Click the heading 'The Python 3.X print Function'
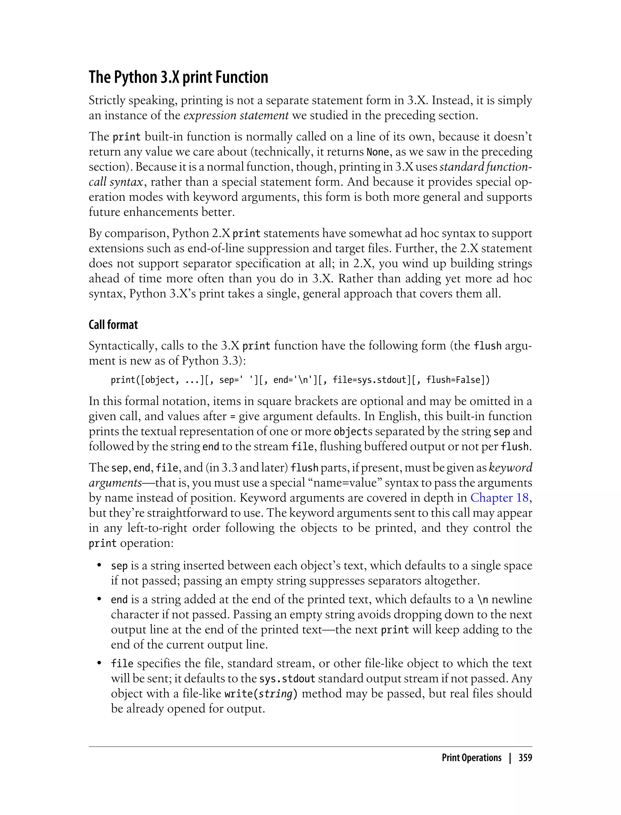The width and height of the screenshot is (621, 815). click(x=178, y=77)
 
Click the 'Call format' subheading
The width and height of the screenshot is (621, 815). click(x=113, y=325)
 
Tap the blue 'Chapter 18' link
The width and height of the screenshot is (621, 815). click(x=499, y=498)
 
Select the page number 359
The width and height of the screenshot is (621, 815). click(x=525, y=758)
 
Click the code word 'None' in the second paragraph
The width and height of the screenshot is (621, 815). click(x=378, y=152)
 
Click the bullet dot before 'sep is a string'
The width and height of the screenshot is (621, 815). click(x=99, y=566)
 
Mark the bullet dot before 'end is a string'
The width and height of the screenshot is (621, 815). click(x=99, y=599)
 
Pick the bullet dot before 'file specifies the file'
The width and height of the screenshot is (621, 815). click(x=99, y=663)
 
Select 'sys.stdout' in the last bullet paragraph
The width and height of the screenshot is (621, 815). click(x=287, y=679)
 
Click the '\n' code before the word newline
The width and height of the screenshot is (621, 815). click(x=483, y=599)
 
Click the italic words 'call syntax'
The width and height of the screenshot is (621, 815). click(x=116, y=182)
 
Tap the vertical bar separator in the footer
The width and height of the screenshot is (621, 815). click(x=510, y=758)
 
